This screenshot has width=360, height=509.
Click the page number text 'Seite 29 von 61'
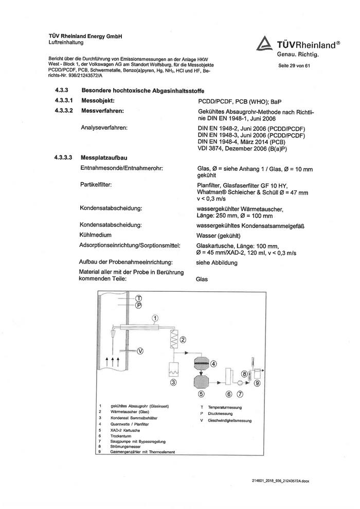294,66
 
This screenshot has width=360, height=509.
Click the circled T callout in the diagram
138,299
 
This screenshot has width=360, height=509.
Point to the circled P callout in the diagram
138,306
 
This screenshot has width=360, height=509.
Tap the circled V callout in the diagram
140,351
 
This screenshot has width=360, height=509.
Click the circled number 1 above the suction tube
155,318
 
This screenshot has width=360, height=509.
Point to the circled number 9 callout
257,383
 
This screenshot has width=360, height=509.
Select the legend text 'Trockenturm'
121,435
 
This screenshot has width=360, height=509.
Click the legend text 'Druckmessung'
220,413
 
